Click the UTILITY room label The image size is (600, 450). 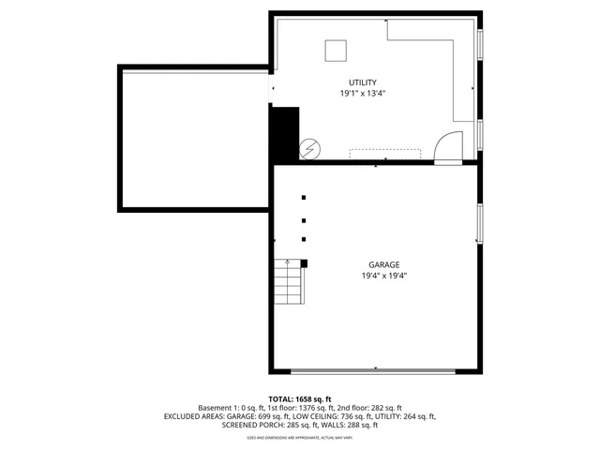362,82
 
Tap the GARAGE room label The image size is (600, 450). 383,265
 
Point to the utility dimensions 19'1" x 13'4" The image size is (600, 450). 362,94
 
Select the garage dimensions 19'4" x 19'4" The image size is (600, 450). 383,276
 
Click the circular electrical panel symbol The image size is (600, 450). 309,148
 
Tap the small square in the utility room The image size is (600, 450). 336,52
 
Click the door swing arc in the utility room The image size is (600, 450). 448,146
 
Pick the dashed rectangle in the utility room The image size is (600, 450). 385,154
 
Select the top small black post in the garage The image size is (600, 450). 303,198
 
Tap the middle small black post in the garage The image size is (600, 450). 303,221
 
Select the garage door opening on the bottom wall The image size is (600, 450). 374,370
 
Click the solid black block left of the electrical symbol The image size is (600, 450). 284,135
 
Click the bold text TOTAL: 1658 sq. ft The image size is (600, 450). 300,398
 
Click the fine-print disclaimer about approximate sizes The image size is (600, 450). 299,437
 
